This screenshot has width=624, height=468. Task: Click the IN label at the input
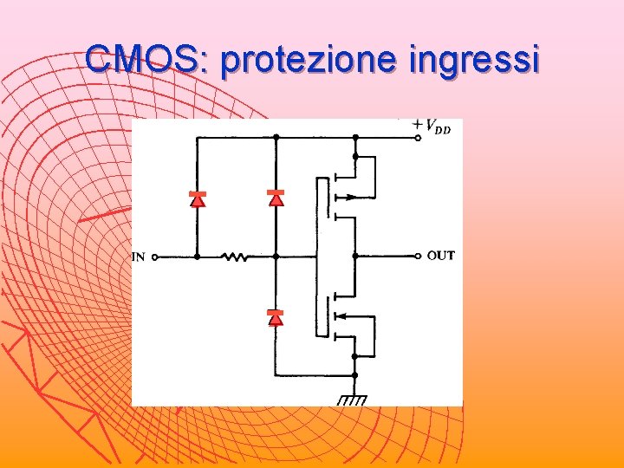138,257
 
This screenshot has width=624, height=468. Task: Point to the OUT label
441,256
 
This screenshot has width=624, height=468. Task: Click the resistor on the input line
234,257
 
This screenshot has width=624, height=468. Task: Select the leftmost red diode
197,199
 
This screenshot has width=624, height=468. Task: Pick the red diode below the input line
276,317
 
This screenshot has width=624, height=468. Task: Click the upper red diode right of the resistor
276,198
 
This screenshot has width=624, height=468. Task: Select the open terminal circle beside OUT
419,256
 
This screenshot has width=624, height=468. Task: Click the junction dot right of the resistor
276,257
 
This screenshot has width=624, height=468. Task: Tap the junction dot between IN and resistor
197,257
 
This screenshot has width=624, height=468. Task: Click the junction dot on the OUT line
354,256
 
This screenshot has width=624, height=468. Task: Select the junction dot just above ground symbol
354,374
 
